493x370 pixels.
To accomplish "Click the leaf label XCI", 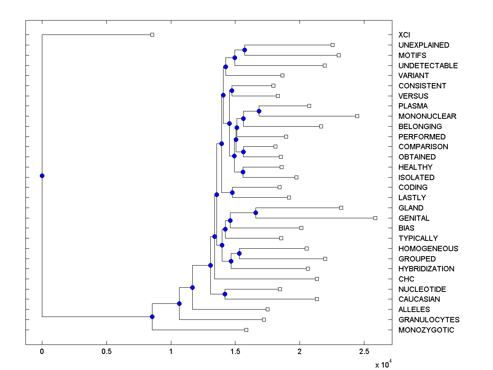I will (404, 35).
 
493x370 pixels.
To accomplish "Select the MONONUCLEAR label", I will (427, 116).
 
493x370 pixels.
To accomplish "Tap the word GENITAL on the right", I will (414, 218).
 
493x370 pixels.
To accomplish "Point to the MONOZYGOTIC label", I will (426, 330).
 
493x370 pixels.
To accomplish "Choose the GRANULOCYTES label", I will (429, 320).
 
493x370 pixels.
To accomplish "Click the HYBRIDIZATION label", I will (426, 269).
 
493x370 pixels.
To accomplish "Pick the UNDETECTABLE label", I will (428, 66).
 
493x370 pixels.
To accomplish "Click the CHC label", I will (406, 279).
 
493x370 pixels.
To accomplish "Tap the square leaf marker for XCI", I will (152, 35).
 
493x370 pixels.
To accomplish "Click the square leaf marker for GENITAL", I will (375, 218).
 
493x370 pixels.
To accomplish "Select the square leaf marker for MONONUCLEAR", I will (357, 116).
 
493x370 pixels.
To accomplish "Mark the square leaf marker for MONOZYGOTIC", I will (246, 330).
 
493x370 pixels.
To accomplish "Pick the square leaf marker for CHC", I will (317, 279).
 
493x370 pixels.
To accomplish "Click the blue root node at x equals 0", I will (42, 176).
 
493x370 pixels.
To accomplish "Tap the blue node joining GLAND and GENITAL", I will (256, 213).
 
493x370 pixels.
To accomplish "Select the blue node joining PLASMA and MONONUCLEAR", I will (259, 111).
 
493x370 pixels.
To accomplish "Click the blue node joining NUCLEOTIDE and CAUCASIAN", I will (225, 294).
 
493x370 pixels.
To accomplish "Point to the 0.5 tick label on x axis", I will (106, 352).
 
